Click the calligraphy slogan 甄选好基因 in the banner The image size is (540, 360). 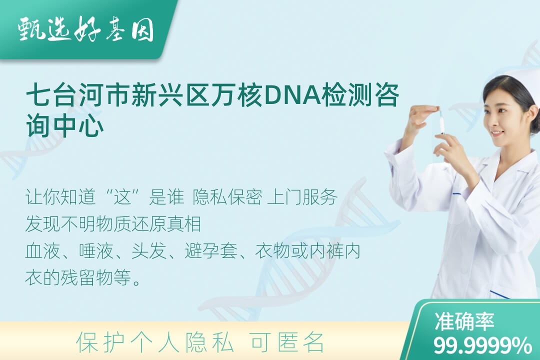86,30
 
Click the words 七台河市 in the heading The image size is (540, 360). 78,95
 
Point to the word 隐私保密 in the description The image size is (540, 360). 227,197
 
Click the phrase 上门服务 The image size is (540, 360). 302,197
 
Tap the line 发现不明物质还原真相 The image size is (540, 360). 113,224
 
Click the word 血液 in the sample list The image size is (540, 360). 42,250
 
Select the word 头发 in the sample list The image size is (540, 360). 148,250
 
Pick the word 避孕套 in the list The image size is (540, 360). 211,250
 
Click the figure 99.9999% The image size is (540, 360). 482,345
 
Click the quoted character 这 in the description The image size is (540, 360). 123,197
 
